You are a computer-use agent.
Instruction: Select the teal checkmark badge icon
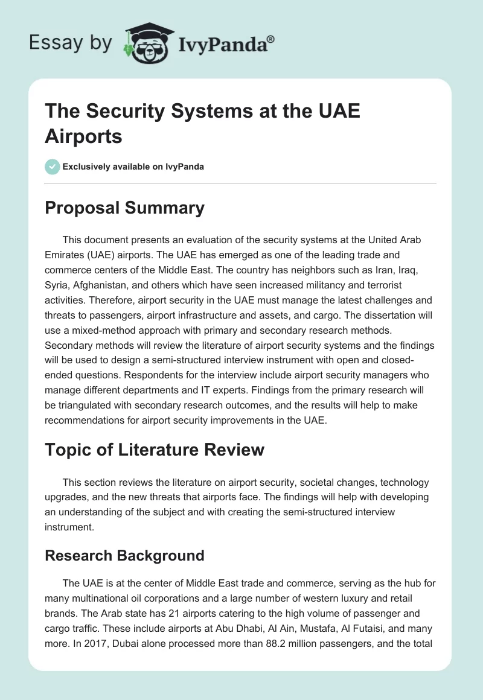pyautogui.click(x=52, y=167)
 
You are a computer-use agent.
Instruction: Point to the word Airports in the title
pyautogui.click(x=83, y=136)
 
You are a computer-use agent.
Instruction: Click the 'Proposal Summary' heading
pyautogui.click(x=124, y=208)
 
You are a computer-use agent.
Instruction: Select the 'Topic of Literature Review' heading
pyautogui.click(x=155, y=450)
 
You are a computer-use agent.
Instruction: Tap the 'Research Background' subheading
pyautogui.click(x=124, y=555)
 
